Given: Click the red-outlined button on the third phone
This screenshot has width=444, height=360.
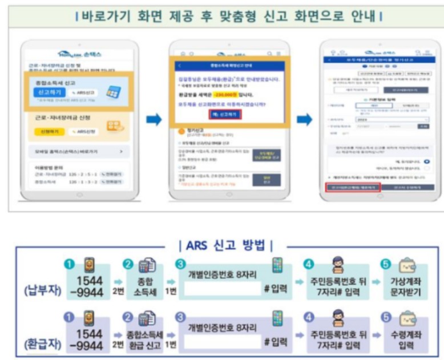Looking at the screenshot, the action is point(352,187).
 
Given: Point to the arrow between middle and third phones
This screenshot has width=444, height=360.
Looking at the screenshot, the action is point(303,119).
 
